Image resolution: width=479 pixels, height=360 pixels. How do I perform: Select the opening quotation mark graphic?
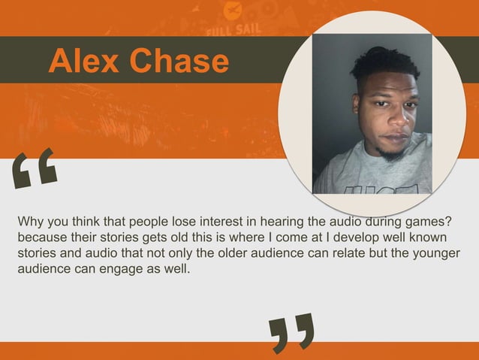35,167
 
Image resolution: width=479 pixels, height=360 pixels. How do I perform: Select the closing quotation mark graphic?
291,332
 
